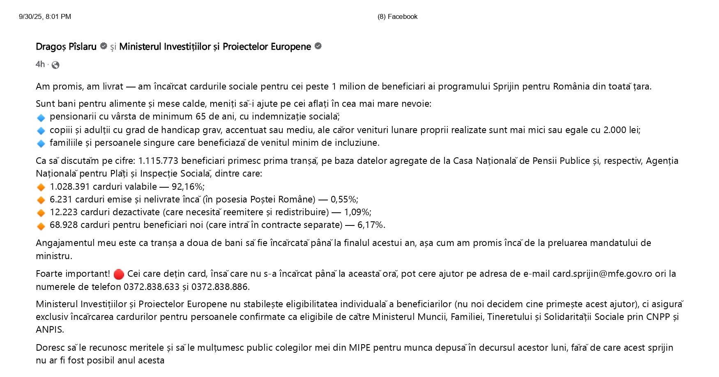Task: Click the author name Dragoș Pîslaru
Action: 66,47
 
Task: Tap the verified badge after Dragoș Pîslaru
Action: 104,46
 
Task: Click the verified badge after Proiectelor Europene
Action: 318,46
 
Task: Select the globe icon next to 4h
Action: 55,65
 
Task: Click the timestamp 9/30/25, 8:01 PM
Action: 45,17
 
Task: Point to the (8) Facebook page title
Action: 397,17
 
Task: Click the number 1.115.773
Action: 158,161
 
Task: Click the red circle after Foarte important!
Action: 118,274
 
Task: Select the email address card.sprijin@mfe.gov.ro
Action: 602,274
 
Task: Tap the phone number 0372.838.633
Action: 151,287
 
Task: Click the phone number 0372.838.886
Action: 219,287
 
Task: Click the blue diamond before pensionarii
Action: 41,118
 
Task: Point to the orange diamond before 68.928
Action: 41,226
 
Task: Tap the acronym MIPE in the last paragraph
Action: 359,348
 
